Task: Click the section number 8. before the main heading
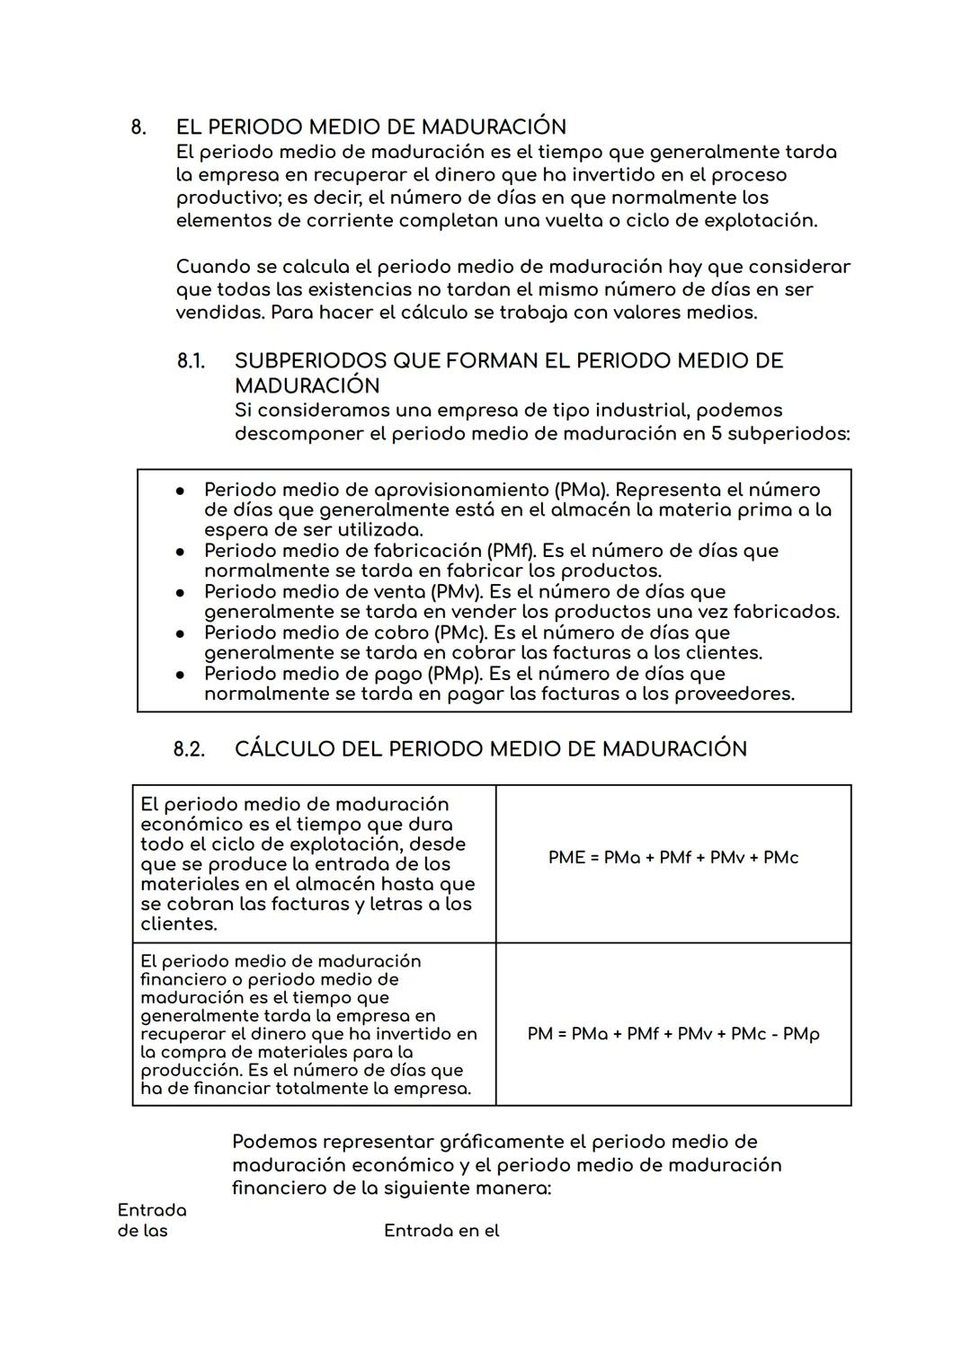(x=138, y=127)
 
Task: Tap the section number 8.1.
(x=191, y=361)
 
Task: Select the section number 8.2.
(x=189, y=749)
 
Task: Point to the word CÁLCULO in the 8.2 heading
(x=285, y=749)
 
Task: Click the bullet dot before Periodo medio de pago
(x=181, y=674)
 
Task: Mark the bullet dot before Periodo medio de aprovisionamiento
(x=181, y=491)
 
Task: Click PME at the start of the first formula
(x=566, y=858)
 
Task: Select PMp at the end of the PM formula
(x=801, y=1034)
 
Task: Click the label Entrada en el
(x=441, y=1231)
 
